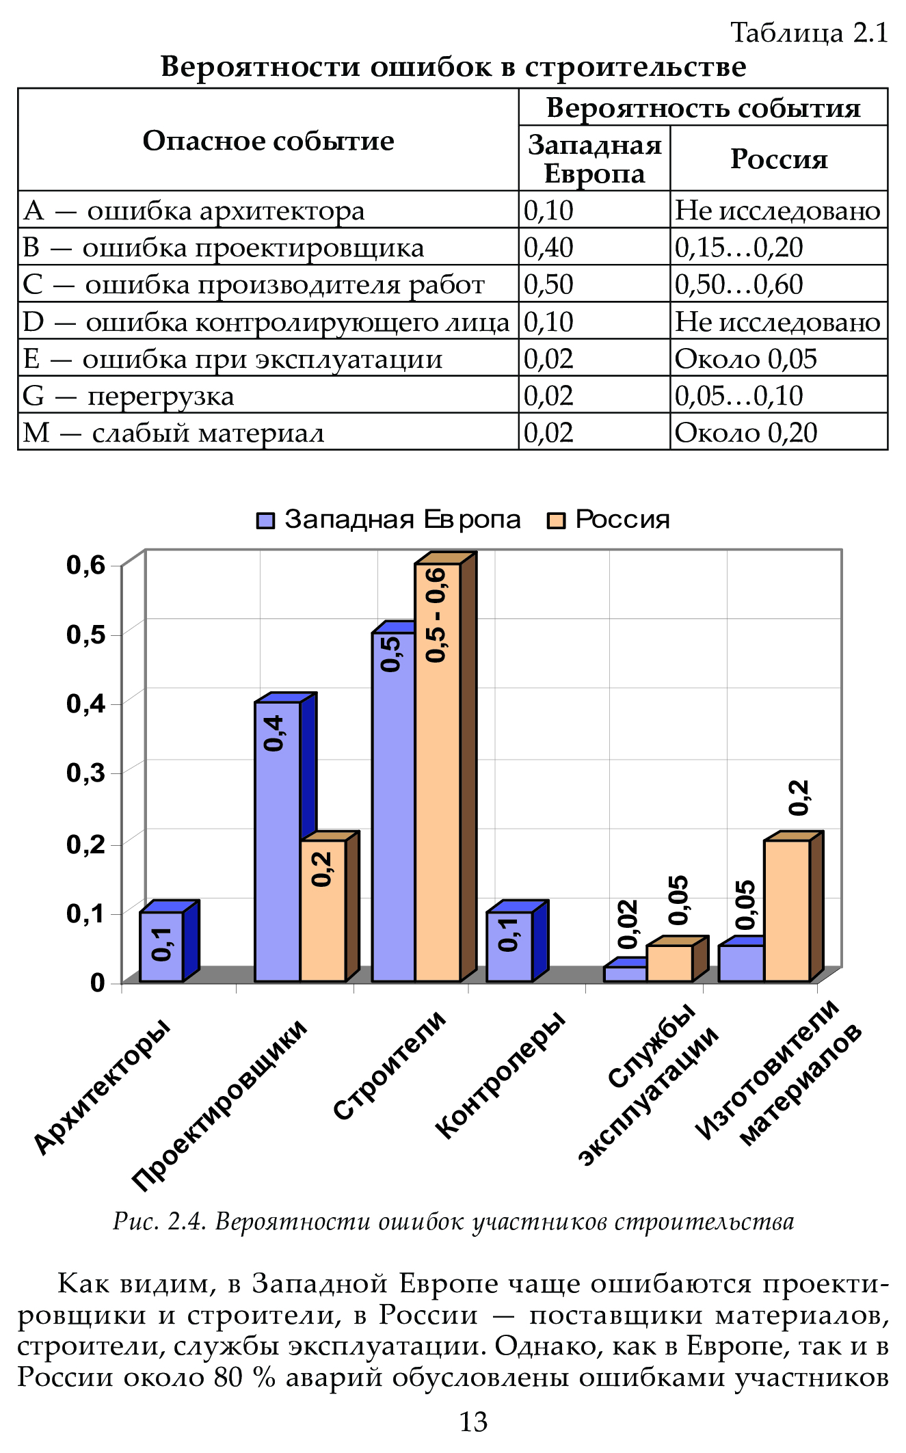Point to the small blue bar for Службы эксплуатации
pyautogui.click(x=625, y=974)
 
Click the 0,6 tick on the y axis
pyautogui.click(x=86, y=565)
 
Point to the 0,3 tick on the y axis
pyautogui.click(x=86, y=773)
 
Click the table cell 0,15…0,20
pyautogui.click(x=738, y=248)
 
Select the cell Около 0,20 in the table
pyautogui.click(x=745, y=433)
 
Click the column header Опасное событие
pyautogui.click(x=268, y=141)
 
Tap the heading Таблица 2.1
pyautogui.click(x=809, y=33)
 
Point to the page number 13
pyautogui.click(x=472, y=1422)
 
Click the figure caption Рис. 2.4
pyautogui.click(x=453, y=1221)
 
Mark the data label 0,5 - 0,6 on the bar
pyautogui.click(x=436, y=614)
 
